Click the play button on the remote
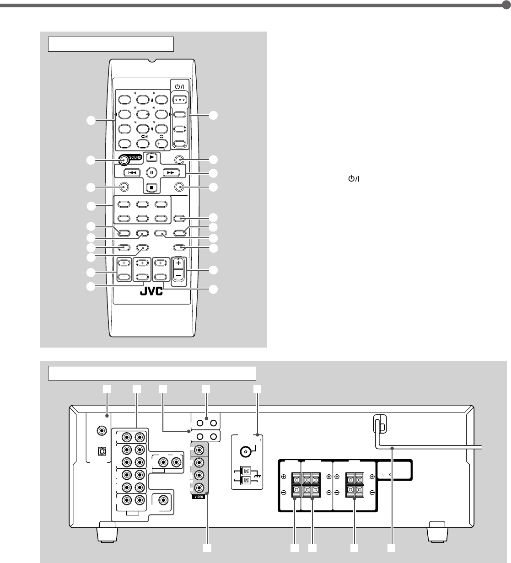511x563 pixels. pos(151,157)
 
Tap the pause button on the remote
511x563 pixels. pos(151,172)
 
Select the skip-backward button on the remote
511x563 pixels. pos(132,172)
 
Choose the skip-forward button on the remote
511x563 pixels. pos(171,172)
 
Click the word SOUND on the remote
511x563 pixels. pos(135,157)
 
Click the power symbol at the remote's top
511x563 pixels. pos(179,86)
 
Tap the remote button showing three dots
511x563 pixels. pos(180,100)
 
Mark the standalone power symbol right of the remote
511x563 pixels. pos(354,178)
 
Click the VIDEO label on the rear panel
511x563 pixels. pos(199,497)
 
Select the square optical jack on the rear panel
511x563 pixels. pos(102,451)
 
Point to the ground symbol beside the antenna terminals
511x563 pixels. pos(257,476)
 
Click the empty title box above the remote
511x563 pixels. pos(111,44)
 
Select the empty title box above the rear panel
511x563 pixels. pos(152,373)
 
